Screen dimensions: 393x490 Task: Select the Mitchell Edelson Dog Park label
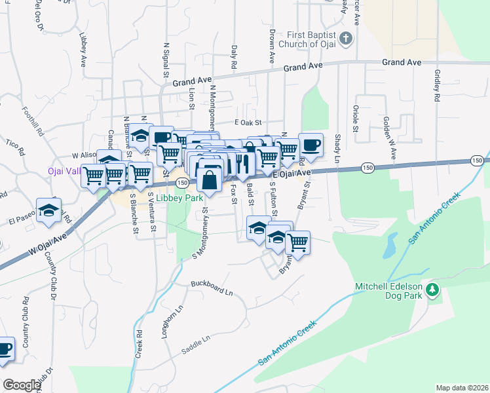(x=390, y=287)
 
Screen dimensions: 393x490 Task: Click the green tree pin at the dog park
(x=432, y=289)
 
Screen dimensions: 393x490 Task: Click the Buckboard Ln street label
(x=212, y=287)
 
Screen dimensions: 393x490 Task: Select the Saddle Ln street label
(x=197, y=343)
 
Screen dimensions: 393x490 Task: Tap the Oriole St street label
(x=356, y=119)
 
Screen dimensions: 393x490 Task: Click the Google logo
(x=22, y=385)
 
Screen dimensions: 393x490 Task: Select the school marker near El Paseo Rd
(x=48, y=211)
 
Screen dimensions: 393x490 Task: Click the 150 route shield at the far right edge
(x=478, y=160)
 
